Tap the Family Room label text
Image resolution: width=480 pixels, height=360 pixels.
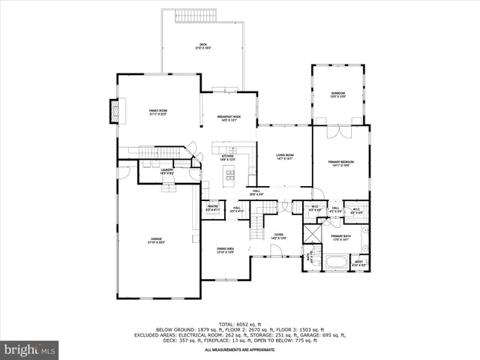tap(157, 112)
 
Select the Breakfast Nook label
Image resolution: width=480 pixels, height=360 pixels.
tap(229, 118)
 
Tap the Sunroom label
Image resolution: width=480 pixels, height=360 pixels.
tap(338, 94)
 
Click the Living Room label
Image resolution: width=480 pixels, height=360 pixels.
tap(284, 155)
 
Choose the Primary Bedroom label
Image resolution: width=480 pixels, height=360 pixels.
tap(340, 163)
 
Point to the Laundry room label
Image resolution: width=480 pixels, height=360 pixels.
tap(167, 172)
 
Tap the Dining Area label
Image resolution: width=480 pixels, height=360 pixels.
tap(226, 250)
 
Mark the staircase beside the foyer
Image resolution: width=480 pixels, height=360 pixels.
tap(256, 223)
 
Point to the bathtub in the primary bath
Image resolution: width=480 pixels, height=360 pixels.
tap(334, 262)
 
